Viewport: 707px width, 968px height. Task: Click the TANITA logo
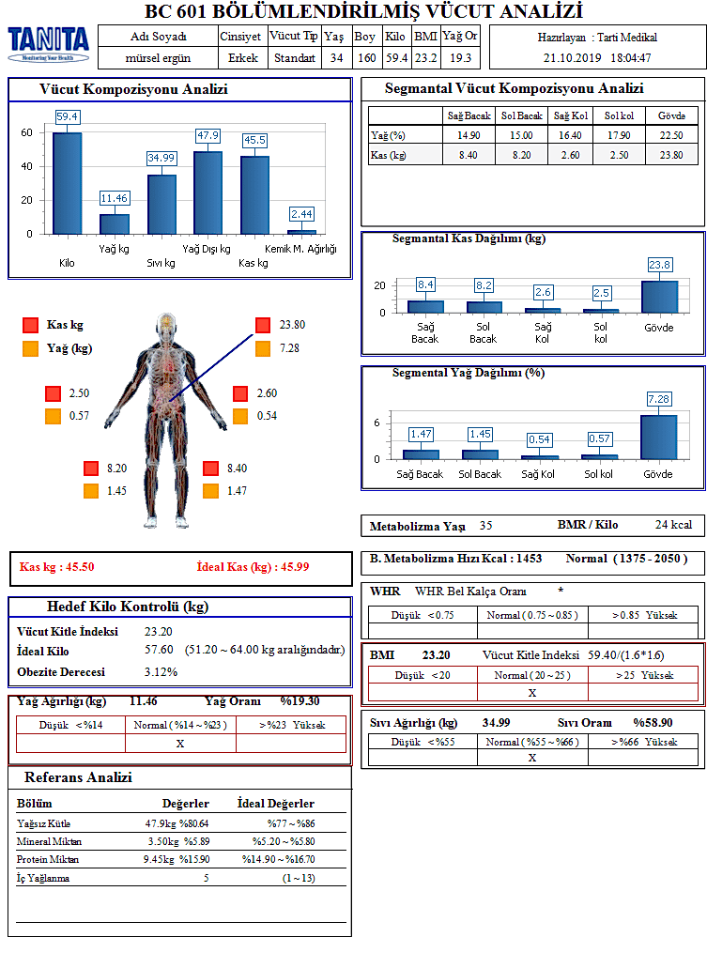(x=49, y=43)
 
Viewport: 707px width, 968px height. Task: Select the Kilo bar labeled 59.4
(x=67, y=182)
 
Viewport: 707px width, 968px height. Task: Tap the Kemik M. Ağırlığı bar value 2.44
(x=301, y=214)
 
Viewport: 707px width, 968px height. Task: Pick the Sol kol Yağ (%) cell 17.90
(x=618, y=135)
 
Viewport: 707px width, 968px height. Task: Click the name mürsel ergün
(x=158, y=58)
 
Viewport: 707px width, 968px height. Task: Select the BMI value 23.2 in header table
(x=425, y=58)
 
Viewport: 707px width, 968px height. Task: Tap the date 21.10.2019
(x=572, y=58)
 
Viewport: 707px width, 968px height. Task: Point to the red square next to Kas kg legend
(x=31, y=326)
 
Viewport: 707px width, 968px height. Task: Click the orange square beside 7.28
(x=262, y=349)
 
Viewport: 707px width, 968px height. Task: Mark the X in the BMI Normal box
(x=531, y=693)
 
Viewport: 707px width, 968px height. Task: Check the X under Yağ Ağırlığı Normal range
(x=180, y=743)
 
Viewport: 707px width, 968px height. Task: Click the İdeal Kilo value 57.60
(x=159, y=650)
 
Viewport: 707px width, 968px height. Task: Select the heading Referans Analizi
(x=78, y=777)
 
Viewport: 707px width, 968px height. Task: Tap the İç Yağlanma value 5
(x=207, y=878)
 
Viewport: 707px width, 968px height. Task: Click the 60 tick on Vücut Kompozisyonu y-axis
(x=27, y=133)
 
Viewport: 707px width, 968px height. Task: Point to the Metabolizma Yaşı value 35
(x=485, y=526)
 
